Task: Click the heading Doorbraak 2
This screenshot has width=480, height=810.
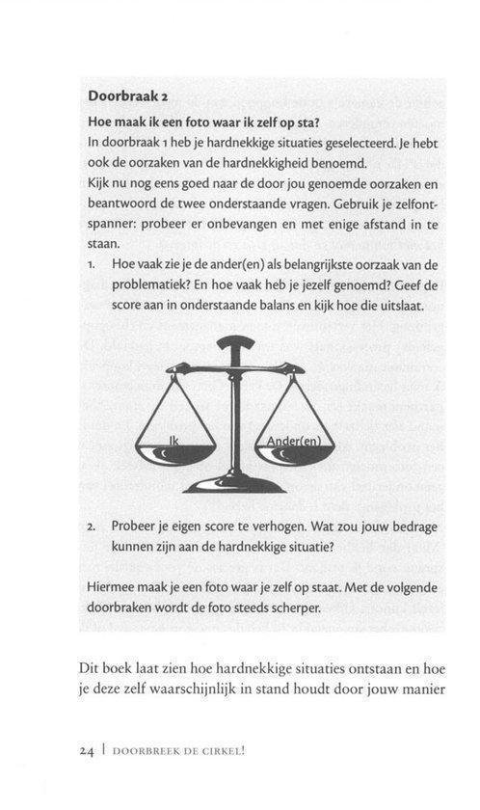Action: [x=128, y=96]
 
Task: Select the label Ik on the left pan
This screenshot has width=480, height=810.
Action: [x=174, y=440]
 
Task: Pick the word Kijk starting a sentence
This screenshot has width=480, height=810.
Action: [x=99, y=181]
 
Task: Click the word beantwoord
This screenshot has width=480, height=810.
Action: [x=124, y=202]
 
